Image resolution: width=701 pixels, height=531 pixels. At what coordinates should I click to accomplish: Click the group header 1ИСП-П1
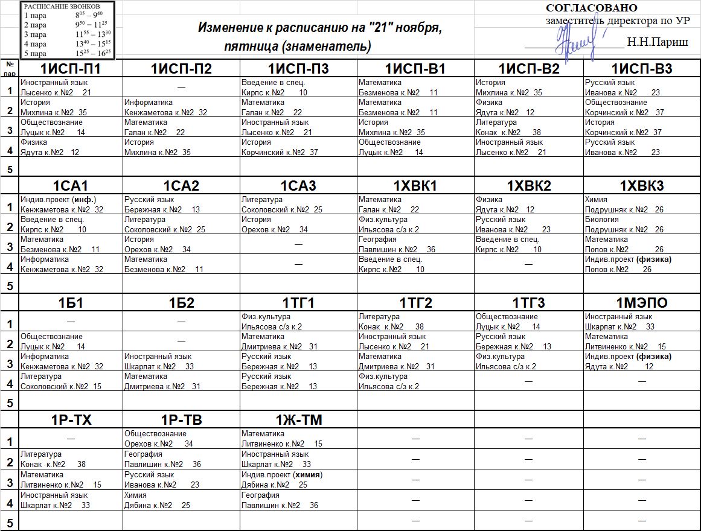[x=71, y=69]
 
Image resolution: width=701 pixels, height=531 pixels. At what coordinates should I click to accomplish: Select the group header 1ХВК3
[x=641, y=186]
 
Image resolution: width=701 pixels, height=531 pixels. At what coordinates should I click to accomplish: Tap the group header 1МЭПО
[x=641, y=303]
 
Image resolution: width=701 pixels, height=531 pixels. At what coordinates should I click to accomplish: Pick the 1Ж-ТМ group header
[x=298, y=420]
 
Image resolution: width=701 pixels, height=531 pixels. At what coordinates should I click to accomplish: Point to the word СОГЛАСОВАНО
[x=591, y=8]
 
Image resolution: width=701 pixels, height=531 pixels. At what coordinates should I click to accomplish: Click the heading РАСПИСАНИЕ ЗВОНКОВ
[x=57, y=6]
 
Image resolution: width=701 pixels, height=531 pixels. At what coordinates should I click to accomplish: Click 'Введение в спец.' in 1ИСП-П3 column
[x=273, y=83]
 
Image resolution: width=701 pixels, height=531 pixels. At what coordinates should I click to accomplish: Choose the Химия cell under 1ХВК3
[x=596, y=200]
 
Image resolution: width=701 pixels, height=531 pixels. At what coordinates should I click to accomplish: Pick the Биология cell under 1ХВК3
[x=600, y=220]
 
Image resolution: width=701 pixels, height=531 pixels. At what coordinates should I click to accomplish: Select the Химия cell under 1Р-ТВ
[x=135, y=495]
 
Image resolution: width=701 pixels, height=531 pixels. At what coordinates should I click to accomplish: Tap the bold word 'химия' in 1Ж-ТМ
[x=307, y=475]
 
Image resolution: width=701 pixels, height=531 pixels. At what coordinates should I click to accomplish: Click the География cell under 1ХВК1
[x=377, y=240]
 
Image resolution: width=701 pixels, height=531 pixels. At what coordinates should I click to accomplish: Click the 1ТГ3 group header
[x=528, y=303]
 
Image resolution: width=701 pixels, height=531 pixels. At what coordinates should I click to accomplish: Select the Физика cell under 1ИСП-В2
[x=488, y=103]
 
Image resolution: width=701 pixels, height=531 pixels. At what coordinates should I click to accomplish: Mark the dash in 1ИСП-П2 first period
[x=181, y=88]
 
